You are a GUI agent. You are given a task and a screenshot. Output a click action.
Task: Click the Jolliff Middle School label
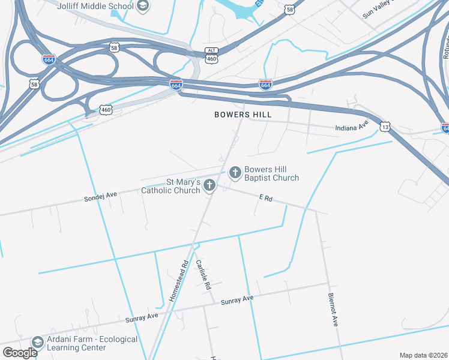click(95, 6)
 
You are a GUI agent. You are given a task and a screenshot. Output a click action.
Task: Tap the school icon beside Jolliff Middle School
click(143, 7)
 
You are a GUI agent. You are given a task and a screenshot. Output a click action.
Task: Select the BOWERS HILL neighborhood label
click(243, 114)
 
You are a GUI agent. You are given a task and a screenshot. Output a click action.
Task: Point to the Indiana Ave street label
click(351, 127)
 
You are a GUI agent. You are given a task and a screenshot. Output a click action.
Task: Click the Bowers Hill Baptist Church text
click(271, 173)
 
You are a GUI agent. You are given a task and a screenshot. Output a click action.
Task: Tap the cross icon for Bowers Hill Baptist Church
click(235, 173)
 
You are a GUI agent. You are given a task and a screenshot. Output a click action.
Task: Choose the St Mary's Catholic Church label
click(170, 186)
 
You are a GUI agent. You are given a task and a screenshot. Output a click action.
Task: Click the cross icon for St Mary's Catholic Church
click(209, 185)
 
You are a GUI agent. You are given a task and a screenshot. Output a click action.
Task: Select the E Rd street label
click(266, 198)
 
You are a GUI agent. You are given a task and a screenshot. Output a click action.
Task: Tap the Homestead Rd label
click(179, 280)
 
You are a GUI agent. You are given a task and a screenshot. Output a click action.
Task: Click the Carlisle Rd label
click(204, 275)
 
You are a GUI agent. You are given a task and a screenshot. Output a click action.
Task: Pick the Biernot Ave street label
click(333, 309)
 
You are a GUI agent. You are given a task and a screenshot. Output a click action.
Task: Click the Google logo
click(20, 353)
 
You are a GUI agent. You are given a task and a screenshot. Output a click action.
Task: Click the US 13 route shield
click(385, 127)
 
